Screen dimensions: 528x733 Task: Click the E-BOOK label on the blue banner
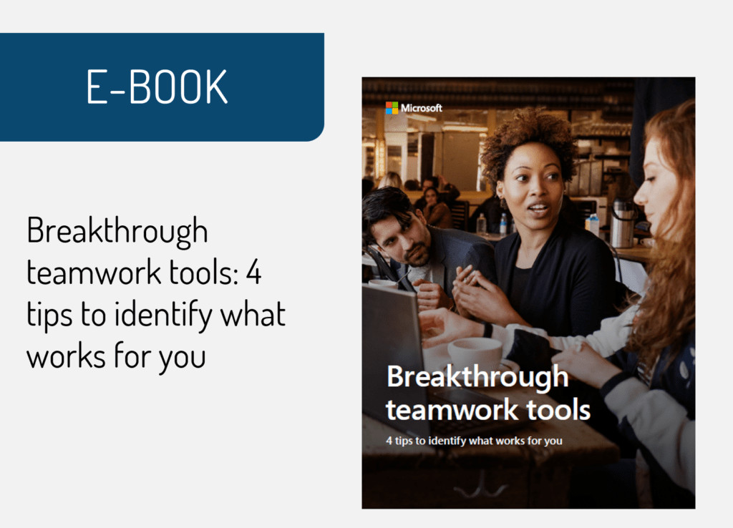coord(157,87)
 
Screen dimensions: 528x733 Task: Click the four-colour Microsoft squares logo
coord(392,108)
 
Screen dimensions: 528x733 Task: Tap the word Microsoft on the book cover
coord(422,108)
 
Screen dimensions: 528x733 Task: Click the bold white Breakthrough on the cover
coord(477,377)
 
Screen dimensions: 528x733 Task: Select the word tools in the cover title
coord(560,410)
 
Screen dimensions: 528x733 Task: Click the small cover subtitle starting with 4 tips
coord(474,441)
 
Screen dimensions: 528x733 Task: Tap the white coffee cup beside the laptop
coord(475,353)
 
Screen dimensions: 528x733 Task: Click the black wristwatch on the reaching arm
coord(487,330)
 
